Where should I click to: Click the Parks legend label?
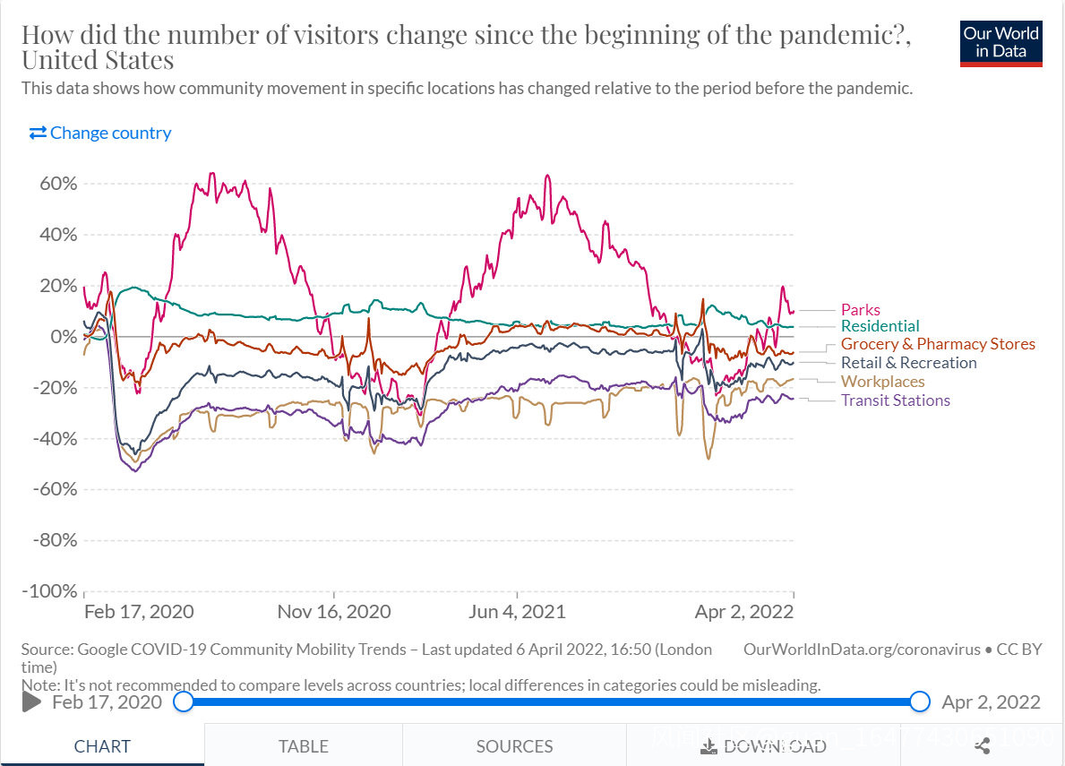point(860,310)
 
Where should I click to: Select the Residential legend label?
point(880,326)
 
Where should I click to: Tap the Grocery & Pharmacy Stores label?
point(937,344)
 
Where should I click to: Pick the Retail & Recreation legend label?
point(908,363)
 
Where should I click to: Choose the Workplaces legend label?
point(882,382)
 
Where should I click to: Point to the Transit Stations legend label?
point(895,400)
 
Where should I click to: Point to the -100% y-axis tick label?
point(51,591)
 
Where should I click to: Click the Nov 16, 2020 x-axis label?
point(334,612)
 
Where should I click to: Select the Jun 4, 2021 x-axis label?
point(518,612)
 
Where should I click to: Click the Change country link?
point(100,133)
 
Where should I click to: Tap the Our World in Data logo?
point(1001,42)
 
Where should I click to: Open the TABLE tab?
point(303,746)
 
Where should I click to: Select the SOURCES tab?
point(514,746)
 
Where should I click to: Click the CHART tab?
point(102,746)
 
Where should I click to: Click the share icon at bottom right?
point(982,745)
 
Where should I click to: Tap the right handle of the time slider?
point(919,701)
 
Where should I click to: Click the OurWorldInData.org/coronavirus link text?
point(862,650)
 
